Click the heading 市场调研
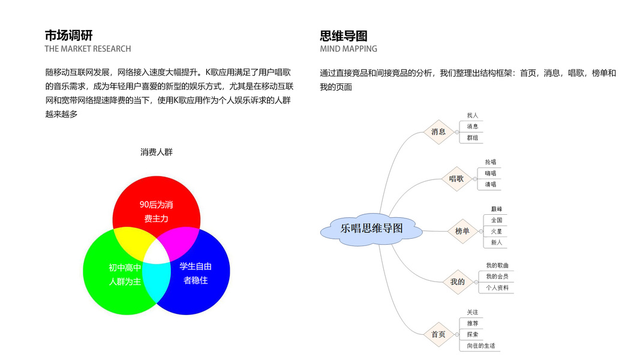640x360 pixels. (68, 35)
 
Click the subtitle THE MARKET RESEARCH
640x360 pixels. (88, 49)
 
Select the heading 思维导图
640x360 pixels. (344, 35)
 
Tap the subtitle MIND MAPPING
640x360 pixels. (348, 49)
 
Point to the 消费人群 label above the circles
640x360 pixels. (157, 152)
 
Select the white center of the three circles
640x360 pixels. (157, 253)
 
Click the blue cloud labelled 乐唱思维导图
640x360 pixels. (371, 229)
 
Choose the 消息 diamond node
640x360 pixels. (438, 132)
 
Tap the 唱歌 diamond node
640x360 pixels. (456, 179)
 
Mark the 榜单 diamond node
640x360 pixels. (462, 231)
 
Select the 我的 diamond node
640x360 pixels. (457, 282)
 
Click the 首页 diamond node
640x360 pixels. (438, 334)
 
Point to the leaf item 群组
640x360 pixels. (473, 138)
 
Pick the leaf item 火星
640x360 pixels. (497, 232)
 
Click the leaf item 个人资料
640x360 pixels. (497, 288)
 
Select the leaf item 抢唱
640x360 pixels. (491, 162)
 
